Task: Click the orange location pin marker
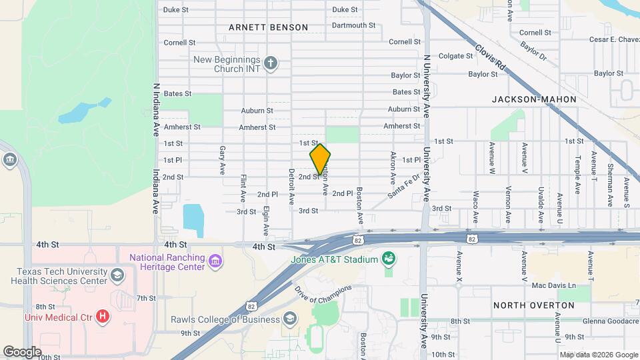click(x=320, y=159)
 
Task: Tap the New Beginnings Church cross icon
click(x=270, y=64)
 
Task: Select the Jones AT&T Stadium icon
click(x=388, y=259)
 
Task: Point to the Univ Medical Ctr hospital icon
click(x=102, y=315)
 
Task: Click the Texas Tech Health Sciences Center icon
click(x=117, y=276)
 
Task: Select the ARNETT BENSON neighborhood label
click(x=268, y=27)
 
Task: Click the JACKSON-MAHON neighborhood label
click(x=534, y=99)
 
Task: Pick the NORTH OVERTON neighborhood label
click(x=533, y=305)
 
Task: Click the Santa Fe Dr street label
click(x=404, y=187)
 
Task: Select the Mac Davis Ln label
click(x=553, y=285)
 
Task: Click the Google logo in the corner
click(x=22, y=351)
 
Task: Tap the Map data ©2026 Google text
click(x=597, y=355)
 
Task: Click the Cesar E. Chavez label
click(x=614, y=39)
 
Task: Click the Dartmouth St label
click(x=353, y=25)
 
